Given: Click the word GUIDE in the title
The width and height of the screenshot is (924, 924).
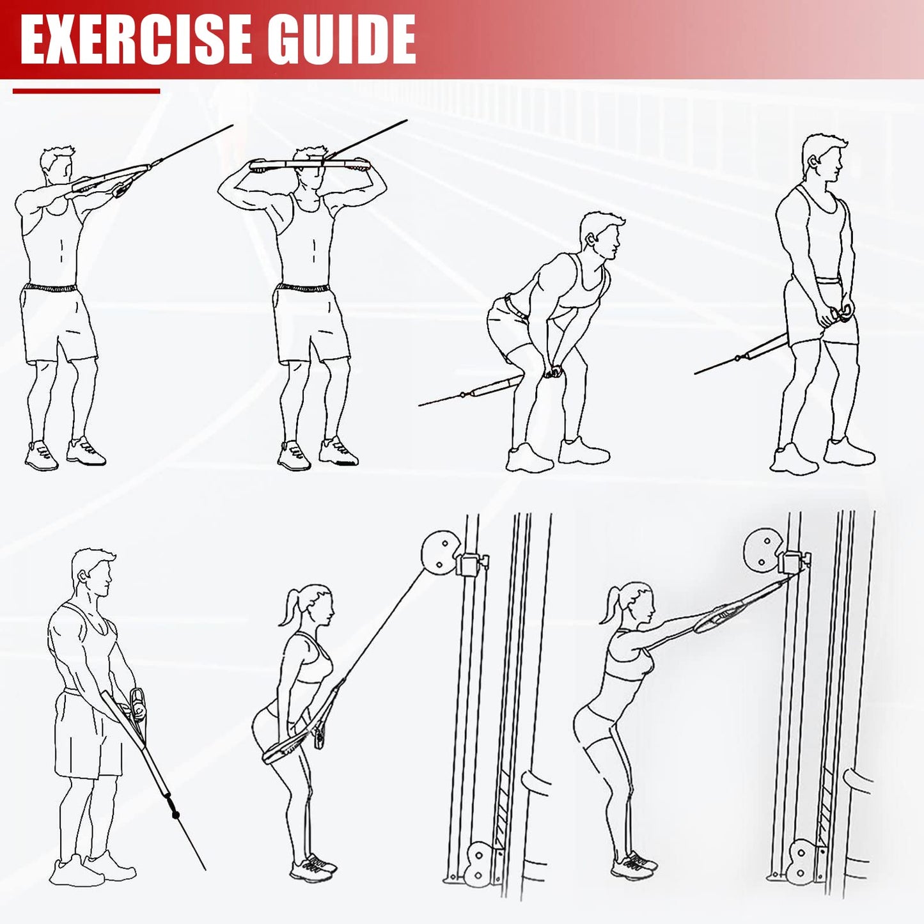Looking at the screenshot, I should (341, 40).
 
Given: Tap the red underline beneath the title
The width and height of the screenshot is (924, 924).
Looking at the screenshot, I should (86, 91).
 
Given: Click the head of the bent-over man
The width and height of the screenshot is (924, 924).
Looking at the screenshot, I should (601, 235).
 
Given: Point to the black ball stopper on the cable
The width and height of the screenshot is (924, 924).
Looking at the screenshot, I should (175, 815).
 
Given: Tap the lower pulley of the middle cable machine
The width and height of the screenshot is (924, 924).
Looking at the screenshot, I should (476, 863).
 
